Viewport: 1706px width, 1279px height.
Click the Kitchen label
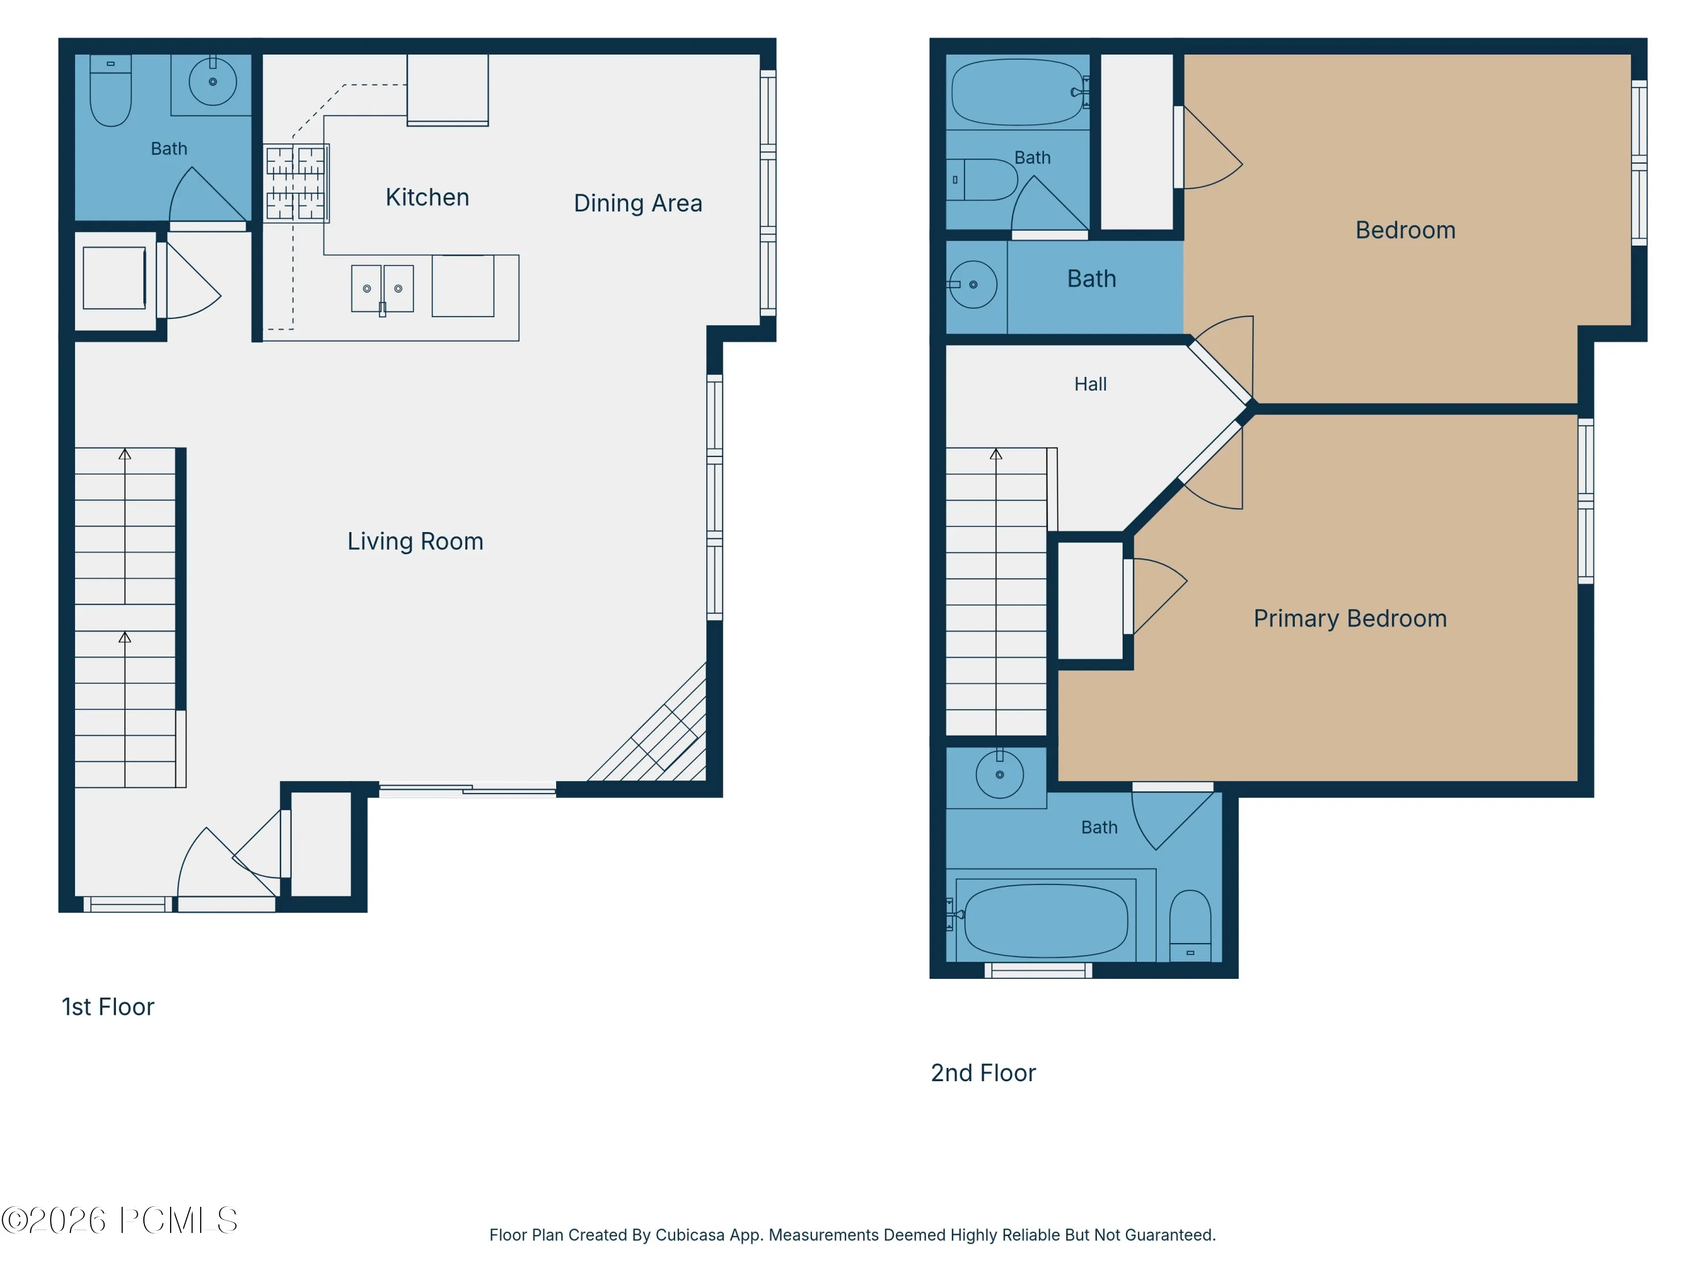pos(427,197)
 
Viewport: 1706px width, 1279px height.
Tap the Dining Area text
pos(638,204)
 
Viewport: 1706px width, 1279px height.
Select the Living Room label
pos(415,541)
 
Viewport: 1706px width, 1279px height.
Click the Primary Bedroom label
pos(1349,618)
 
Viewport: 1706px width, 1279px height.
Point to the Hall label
pos(1091,384)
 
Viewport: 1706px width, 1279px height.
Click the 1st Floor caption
pos(108,1007)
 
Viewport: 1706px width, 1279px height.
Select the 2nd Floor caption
pos(983,1073)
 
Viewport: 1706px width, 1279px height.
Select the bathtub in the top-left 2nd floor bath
pos(1018,92)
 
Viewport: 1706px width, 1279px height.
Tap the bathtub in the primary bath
pos(1046,920)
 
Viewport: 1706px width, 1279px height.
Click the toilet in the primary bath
pos(1190,925)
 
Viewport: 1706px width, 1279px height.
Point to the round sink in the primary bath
pos(1000,774)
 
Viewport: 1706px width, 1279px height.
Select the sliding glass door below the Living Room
pos(467,790)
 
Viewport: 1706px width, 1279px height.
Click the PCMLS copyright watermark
pos(119,1220)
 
